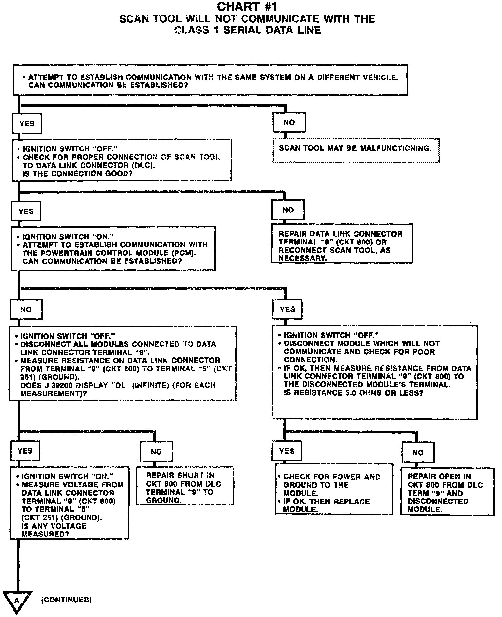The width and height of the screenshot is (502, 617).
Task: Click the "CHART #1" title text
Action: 247,7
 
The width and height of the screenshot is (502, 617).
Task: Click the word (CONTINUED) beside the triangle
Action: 66,600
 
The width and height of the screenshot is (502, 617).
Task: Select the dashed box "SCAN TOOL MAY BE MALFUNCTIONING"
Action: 356,150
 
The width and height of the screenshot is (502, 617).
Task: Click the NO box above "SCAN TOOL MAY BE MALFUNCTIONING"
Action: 289,122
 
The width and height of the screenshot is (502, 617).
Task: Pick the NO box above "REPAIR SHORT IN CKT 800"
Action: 156,452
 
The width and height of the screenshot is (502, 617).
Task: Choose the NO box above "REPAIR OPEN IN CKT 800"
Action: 418,452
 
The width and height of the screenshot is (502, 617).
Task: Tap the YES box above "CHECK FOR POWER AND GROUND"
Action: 287,451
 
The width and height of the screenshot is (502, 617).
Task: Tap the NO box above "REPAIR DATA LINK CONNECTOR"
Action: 288,210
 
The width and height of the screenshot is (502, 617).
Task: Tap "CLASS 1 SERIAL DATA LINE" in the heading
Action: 247,30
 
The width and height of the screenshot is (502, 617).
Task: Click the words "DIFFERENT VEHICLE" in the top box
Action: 357,77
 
